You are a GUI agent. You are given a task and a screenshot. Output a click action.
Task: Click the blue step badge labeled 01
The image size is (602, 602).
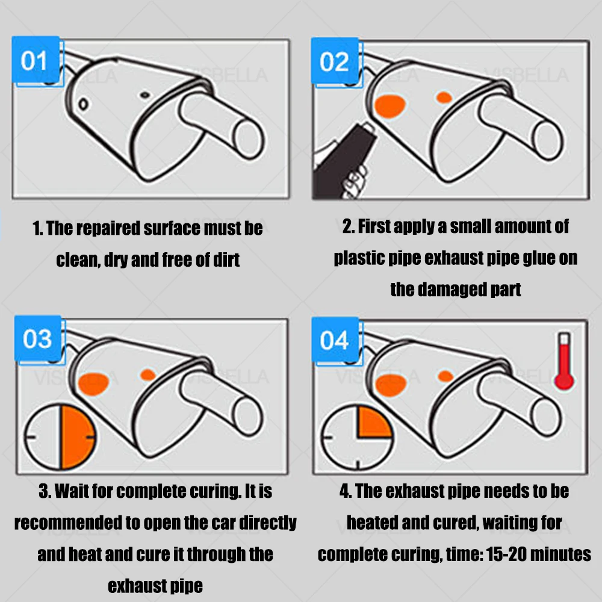(x=36, y=60)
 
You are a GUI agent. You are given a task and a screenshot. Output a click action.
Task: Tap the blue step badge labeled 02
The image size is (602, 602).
(x=335, y=61)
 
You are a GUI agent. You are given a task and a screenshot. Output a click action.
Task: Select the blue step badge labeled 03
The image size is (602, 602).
(x=37, y=338)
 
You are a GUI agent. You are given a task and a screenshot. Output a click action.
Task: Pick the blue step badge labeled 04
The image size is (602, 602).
(x=335, y=340)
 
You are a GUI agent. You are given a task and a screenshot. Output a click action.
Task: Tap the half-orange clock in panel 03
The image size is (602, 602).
(x=60, y=437)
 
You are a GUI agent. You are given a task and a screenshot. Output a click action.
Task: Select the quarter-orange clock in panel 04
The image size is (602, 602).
(x=358, y=438)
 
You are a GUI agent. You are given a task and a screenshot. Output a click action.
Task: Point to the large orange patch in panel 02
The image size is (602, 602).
(x=389, y=105)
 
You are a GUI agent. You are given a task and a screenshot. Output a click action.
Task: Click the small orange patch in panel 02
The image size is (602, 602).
(x=444, y=98)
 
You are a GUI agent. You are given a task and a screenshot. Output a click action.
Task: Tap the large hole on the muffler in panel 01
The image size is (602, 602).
(x=83, y=104)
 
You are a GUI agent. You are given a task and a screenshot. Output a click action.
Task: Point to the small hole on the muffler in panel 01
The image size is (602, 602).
(x=145, y=95)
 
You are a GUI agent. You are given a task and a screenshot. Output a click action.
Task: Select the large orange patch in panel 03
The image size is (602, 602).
(x=93, y=383)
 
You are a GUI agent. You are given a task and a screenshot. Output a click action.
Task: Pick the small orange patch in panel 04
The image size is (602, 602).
(x=445, y=376)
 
